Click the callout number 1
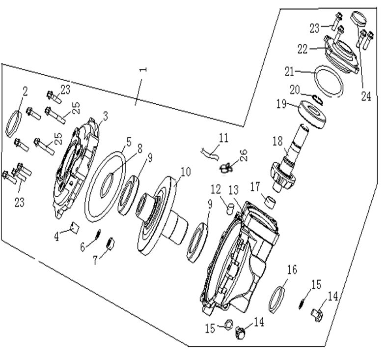tap(143, 69)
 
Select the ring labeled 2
tap(14, 124)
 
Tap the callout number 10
tap(185, 172)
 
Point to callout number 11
tap(223, 138)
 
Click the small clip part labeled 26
tap(225, 168)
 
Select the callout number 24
tap(365, 96)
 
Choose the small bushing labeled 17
tap(270, 201)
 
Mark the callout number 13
tap(233, 189)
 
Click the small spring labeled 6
tap(98, 234)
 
